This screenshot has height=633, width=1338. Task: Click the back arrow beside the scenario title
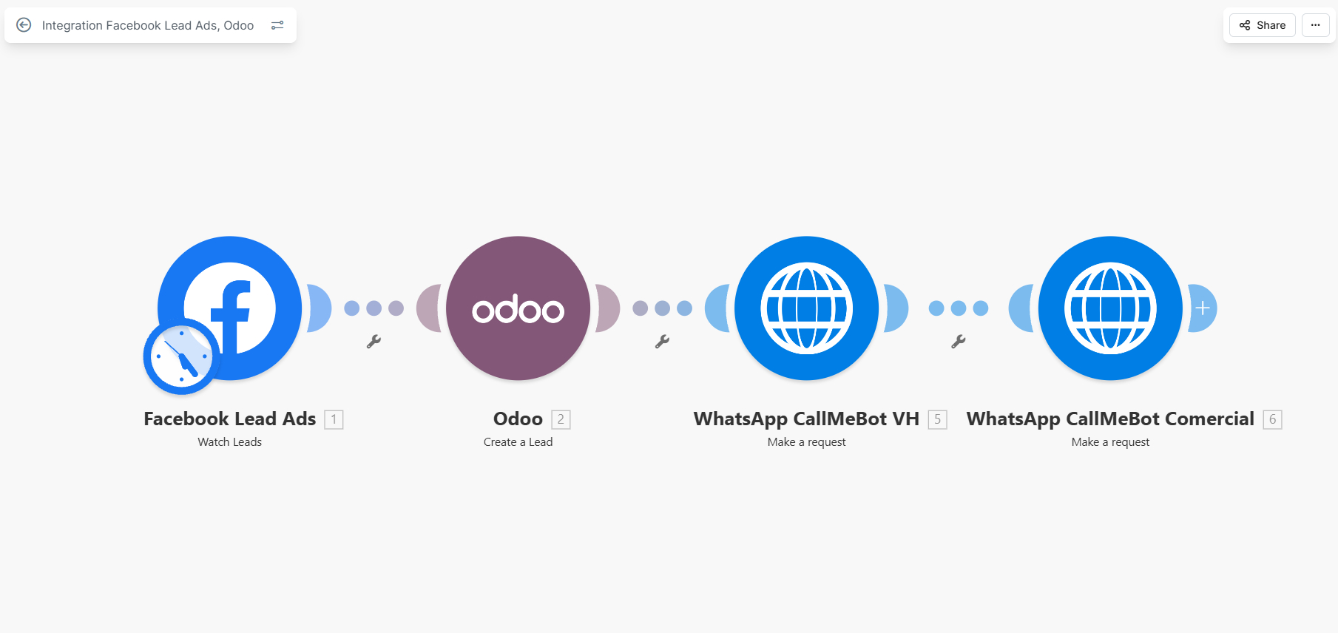[24, 25]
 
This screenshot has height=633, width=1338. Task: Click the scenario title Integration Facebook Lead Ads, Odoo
[147, 25]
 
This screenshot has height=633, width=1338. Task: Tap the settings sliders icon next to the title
[277, 25]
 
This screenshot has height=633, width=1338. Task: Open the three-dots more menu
[1315, 25]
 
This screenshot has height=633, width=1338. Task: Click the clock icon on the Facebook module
[181, 356]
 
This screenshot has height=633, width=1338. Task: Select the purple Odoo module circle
[518, 308]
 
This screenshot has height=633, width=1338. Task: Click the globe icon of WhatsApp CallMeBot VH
[806, 308]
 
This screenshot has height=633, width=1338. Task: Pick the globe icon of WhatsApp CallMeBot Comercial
[1110, 308]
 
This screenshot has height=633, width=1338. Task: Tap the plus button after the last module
[1203, 308]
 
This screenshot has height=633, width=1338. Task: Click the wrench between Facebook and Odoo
[374, 342]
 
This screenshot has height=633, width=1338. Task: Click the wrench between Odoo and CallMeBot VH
[662, 342]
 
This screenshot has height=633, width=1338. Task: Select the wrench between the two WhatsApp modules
[958, 342]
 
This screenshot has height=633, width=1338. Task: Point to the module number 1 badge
[334, 419]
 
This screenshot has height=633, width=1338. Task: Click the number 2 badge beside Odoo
[561, 419]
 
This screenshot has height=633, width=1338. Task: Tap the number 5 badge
[937, 419]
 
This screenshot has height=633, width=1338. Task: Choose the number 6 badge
[1272, 419]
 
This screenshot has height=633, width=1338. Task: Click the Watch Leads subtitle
[229, 442]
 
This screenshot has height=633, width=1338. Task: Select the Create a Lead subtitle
[518, 442]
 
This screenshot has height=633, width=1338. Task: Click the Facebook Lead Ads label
[229, 419]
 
